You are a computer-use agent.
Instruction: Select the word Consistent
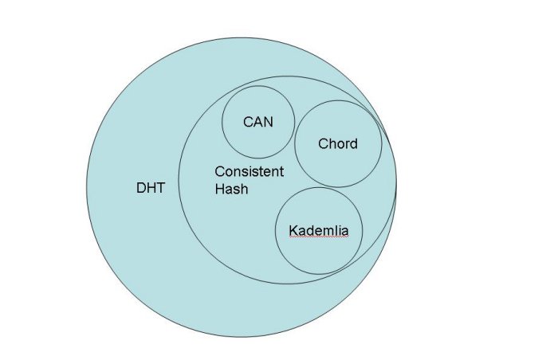point(249,172)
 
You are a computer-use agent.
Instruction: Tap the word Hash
point(231,190)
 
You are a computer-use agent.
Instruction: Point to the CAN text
point(257,122)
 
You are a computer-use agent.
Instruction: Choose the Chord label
point(338,144)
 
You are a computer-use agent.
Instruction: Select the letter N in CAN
point(267,122)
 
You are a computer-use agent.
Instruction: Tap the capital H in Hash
point(220,190)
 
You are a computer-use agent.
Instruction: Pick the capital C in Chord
point(323,144)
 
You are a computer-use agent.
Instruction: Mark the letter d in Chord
point(353,144)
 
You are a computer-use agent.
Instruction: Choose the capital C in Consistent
point(220,172)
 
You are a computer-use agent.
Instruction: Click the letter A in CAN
point(257,122)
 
